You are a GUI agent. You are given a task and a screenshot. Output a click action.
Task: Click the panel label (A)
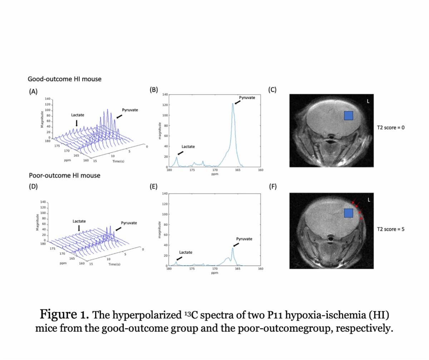tap(33, 91)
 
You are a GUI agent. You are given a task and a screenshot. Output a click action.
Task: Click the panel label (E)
tap(153, 186)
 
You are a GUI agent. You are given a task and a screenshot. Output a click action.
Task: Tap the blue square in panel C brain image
tap(348, 115)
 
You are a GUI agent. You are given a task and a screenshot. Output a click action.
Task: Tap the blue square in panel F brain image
tap(348, 213)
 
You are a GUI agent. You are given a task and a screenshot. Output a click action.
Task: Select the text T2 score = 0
tap(391, 127)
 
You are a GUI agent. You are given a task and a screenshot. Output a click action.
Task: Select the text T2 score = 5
tap(391, 229)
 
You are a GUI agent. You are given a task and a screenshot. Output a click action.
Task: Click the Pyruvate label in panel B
tap(247, 97)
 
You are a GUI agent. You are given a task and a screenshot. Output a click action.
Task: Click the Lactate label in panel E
tap(186, 252)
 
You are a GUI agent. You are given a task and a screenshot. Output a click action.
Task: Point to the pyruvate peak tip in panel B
tap(233, 104)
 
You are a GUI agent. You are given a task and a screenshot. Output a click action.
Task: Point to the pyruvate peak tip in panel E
tap(232, 248)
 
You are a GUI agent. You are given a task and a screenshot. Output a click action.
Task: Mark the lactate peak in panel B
tap(176, 158)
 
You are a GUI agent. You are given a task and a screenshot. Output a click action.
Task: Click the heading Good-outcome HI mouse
tap(65, 79)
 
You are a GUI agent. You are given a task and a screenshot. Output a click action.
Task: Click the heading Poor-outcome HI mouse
tap(64, 175)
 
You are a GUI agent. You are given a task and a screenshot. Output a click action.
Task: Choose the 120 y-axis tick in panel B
tap(165, 105)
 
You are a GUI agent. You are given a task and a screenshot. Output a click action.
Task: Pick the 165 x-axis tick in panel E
tap(238, 268)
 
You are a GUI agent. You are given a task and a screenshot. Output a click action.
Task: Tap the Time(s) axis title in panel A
tap(118, 161)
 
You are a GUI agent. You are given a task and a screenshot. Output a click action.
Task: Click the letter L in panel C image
tap(368, 101)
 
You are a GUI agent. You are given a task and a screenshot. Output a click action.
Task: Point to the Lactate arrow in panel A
tap(77, 123)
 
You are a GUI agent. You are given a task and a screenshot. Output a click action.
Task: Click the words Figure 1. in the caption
tap(64, 315)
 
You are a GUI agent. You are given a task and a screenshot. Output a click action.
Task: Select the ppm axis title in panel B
tap(214, 174)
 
